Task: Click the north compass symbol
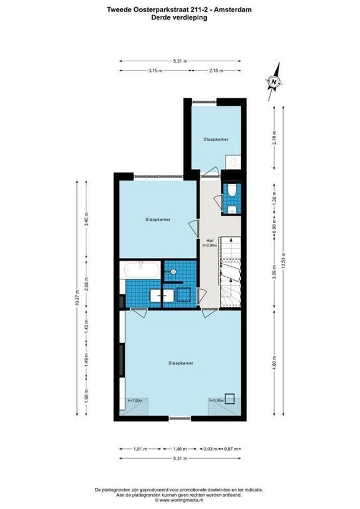pos(274,81)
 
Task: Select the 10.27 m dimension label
pos(77,298)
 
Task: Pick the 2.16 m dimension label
pos(215,70)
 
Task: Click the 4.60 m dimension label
pos(274,364)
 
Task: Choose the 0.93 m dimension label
pos(210,449)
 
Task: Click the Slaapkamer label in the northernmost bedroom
pos(216,140)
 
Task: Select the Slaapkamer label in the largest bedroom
pos(181,363)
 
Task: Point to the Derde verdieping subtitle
pos(179,17)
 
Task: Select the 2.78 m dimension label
pos(274,138)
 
